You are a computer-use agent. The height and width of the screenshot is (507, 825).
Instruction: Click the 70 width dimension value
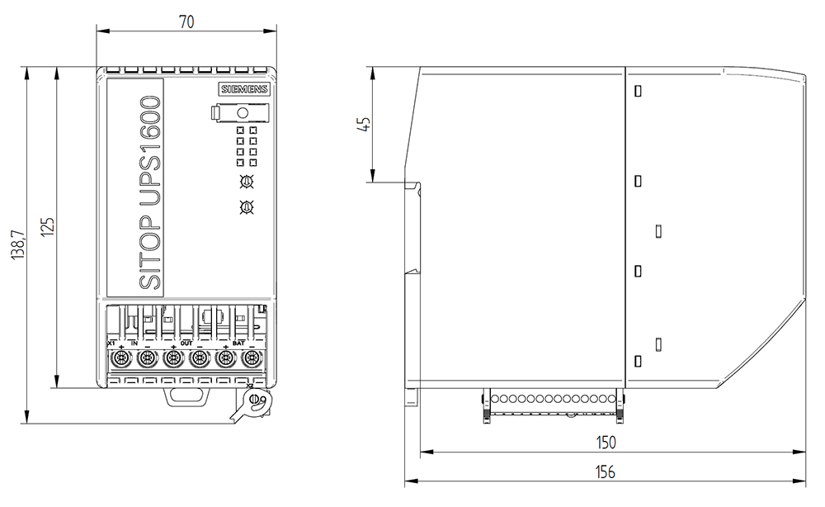coord(186,22)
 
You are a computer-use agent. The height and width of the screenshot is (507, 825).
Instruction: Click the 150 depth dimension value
coord(606,443)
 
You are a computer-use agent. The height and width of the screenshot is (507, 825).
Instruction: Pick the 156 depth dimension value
coord(606,471)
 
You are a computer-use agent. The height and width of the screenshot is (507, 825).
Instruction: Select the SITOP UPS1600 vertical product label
coord(149,192)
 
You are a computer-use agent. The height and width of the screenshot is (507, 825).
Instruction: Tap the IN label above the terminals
coord(134,343)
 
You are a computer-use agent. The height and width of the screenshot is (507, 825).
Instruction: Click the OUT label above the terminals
coord(186,343)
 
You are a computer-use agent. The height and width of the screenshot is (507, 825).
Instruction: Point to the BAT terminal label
coord(238,343)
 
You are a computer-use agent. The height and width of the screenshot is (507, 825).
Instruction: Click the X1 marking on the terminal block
coord(112,343)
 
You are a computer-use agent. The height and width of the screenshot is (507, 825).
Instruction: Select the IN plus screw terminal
coord(121,358)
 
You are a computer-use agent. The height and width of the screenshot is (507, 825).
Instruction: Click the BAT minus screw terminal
coord(251,358)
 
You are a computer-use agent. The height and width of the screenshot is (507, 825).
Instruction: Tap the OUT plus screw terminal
coord(172,358)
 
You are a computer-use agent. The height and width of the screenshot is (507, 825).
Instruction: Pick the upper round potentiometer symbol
coord(246,182)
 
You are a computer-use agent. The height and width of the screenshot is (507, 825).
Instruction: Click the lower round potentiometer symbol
coord(246,207)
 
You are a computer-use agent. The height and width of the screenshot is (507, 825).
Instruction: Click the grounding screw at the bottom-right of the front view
coord(255,400)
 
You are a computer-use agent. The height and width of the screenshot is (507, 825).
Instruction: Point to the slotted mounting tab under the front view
coord(187,396)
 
